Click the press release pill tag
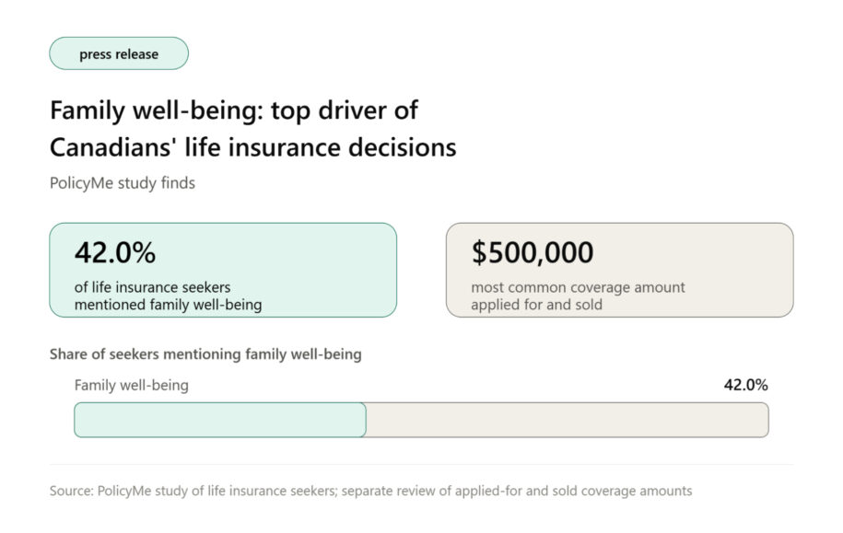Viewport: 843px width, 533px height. pos(119,53)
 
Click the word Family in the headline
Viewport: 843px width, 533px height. pos(88,111)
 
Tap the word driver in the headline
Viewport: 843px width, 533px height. pos(352,110)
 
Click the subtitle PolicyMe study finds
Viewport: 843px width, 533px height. pos(122,183)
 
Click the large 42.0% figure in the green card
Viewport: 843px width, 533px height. pos(115,252)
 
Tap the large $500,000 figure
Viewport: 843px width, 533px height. pos(533,252)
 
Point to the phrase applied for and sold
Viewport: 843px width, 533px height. pos(536,305)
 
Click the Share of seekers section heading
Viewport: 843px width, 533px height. pos(205,354)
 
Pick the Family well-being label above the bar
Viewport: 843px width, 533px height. pos(131,385)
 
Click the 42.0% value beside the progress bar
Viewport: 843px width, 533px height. pos(745,385)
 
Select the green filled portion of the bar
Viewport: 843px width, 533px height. pos(220,420)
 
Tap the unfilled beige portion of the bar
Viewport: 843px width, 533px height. pos(568,420)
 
